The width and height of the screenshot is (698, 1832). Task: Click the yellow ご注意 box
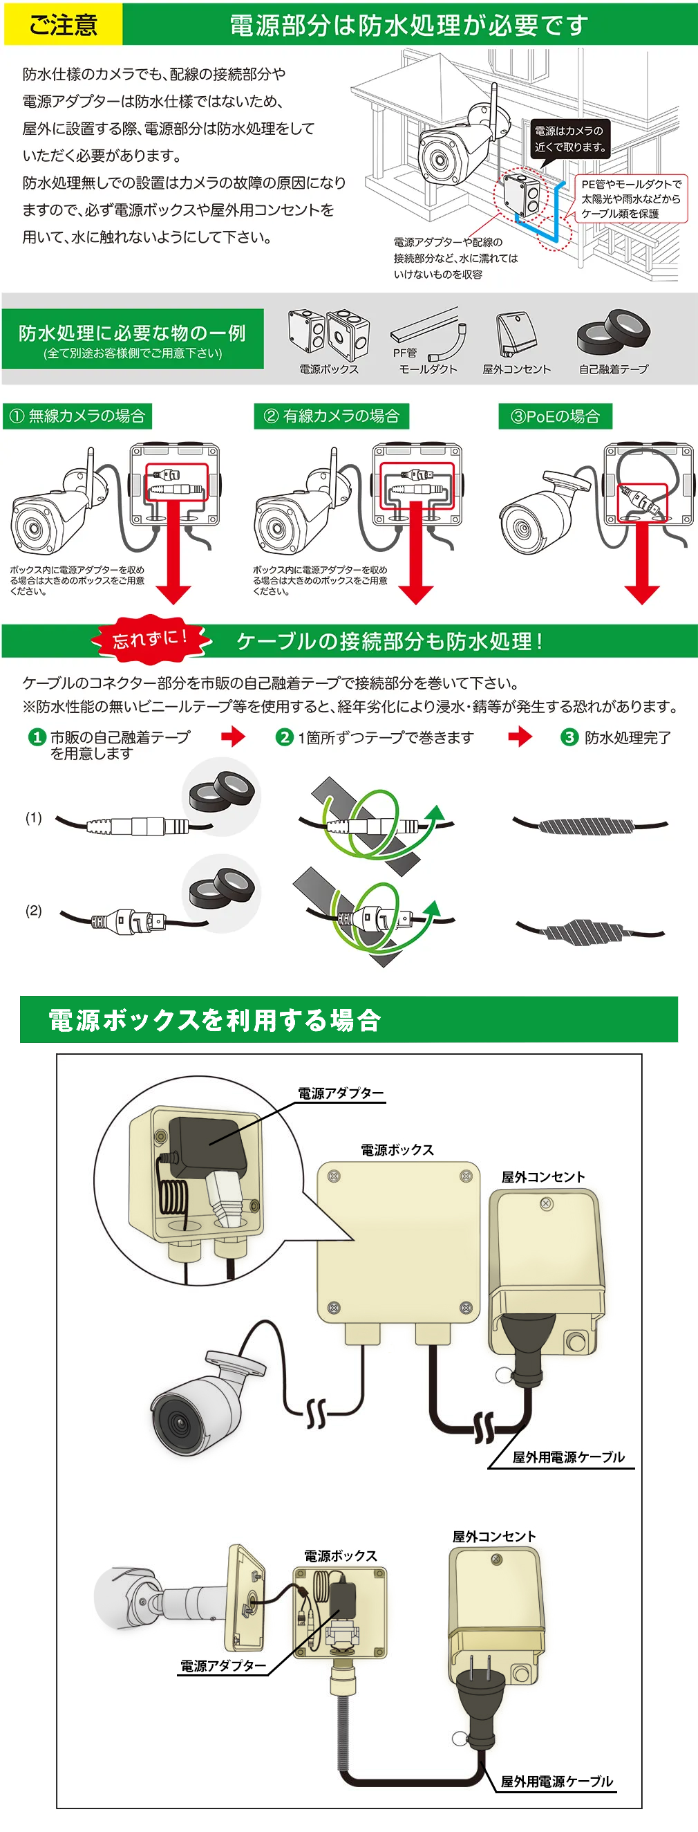point(63,25)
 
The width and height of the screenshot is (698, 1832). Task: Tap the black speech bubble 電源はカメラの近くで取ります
point(570,139)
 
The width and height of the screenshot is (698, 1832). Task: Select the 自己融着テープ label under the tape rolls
point(614,369)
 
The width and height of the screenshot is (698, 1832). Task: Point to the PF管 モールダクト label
point(425,361)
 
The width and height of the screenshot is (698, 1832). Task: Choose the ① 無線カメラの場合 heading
point(77,416)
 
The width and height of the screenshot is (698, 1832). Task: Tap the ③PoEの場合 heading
point(555,417)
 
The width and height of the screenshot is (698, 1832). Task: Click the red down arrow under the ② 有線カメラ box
point(417,555)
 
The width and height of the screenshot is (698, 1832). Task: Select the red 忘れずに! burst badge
point(151,637)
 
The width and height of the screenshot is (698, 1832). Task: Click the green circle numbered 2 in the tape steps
point(284,737)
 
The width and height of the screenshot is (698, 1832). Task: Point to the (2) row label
point(33,910)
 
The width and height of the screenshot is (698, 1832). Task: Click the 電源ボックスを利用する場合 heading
point(215,1020)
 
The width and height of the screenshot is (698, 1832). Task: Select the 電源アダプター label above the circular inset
point(341,1093)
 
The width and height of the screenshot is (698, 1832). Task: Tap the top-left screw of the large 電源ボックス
point(333,1177)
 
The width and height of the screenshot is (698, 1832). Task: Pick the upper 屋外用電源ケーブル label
point(568,1457)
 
